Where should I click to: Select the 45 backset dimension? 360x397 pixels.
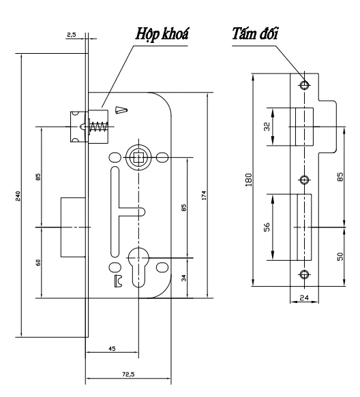[x=112, y=349]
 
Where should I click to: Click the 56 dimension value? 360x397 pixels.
[x=268, y=227]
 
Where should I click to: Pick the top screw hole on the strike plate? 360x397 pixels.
[x=304, y=85]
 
